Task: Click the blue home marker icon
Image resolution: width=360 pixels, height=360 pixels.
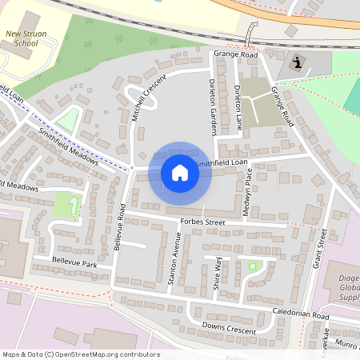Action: click(x=180, y=173)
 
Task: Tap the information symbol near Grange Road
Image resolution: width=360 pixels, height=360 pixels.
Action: click(x=298, y=63)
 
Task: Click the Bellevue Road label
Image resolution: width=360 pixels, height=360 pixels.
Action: click(x=121, y=228)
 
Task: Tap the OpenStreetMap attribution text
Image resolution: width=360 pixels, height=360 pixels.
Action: click(x=80, y=354)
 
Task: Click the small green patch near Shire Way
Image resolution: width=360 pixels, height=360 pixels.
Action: click(x=254, y=266)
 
